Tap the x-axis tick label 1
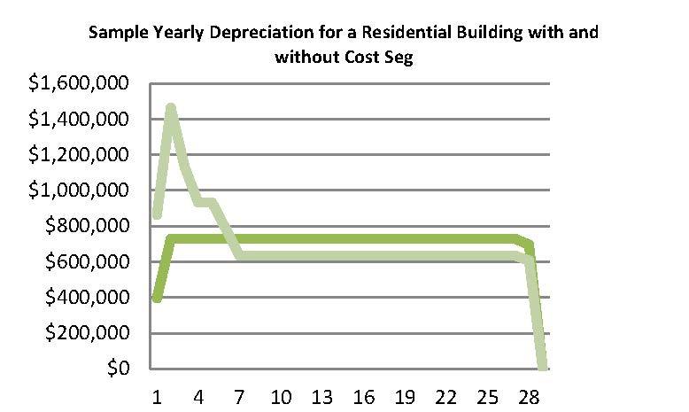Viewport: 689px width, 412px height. coord(158,395)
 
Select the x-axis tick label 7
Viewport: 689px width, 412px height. coord(240,395)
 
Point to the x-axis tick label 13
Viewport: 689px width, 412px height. coord(323,395)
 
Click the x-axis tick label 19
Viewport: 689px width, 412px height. coord(406,395)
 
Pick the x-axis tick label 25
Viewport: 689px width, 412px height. coord(488,395)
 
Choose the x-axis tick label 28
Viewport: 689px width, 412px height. coord(529,395)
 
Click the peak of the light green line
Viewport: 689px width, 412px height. coord(171,108)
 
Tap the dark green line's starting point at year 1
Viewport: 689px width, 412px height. coord(158,299)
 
